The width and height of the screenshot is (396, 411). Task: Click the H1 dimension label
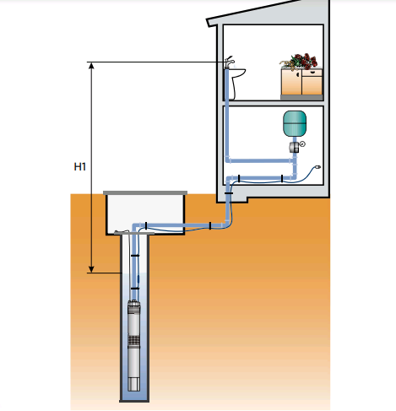coord(79,167)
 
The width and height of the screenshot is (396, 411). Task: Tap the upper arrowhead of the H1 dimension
coord(91,65)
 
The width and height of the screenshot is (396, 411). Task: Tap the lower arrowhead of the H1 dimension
coord(91,269)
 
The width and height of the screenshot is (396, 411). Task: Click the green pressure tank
coord(295,123)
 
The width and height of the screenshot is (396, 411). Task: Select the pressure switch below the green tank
coord(294,147)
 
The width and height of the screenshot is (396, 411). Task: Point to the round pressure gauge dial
coord(302,144)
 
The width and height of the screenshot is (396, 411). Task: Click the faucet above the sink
coord(229,62)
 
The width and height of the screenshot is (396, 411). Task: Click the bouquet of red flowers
coord(300,62)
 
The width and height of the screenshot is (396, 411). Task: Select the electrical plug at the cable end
coord(318,167)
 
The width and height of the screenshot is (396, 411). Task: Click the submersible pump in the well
coord(134,345)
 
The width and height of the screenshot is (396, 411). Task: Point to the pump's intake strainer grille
coord(134,341)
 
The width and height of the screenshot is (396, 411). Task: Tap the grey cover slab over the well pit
coord(145,192)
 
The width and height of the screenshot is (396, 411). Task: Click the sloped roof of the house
coord(268,14)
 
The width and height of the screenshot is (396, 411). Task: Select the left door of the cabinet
coord(291,82)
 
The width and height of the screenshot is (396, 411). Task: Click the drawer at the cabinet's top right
coord(312,73)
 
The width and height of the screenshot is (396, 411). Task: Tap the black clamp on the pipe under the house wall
coord(229,193)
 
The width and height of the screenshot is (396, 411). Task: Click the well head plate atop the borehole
coord(134,233)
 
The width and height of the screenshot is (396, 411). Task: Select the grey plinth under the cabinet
coord(301,97)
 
